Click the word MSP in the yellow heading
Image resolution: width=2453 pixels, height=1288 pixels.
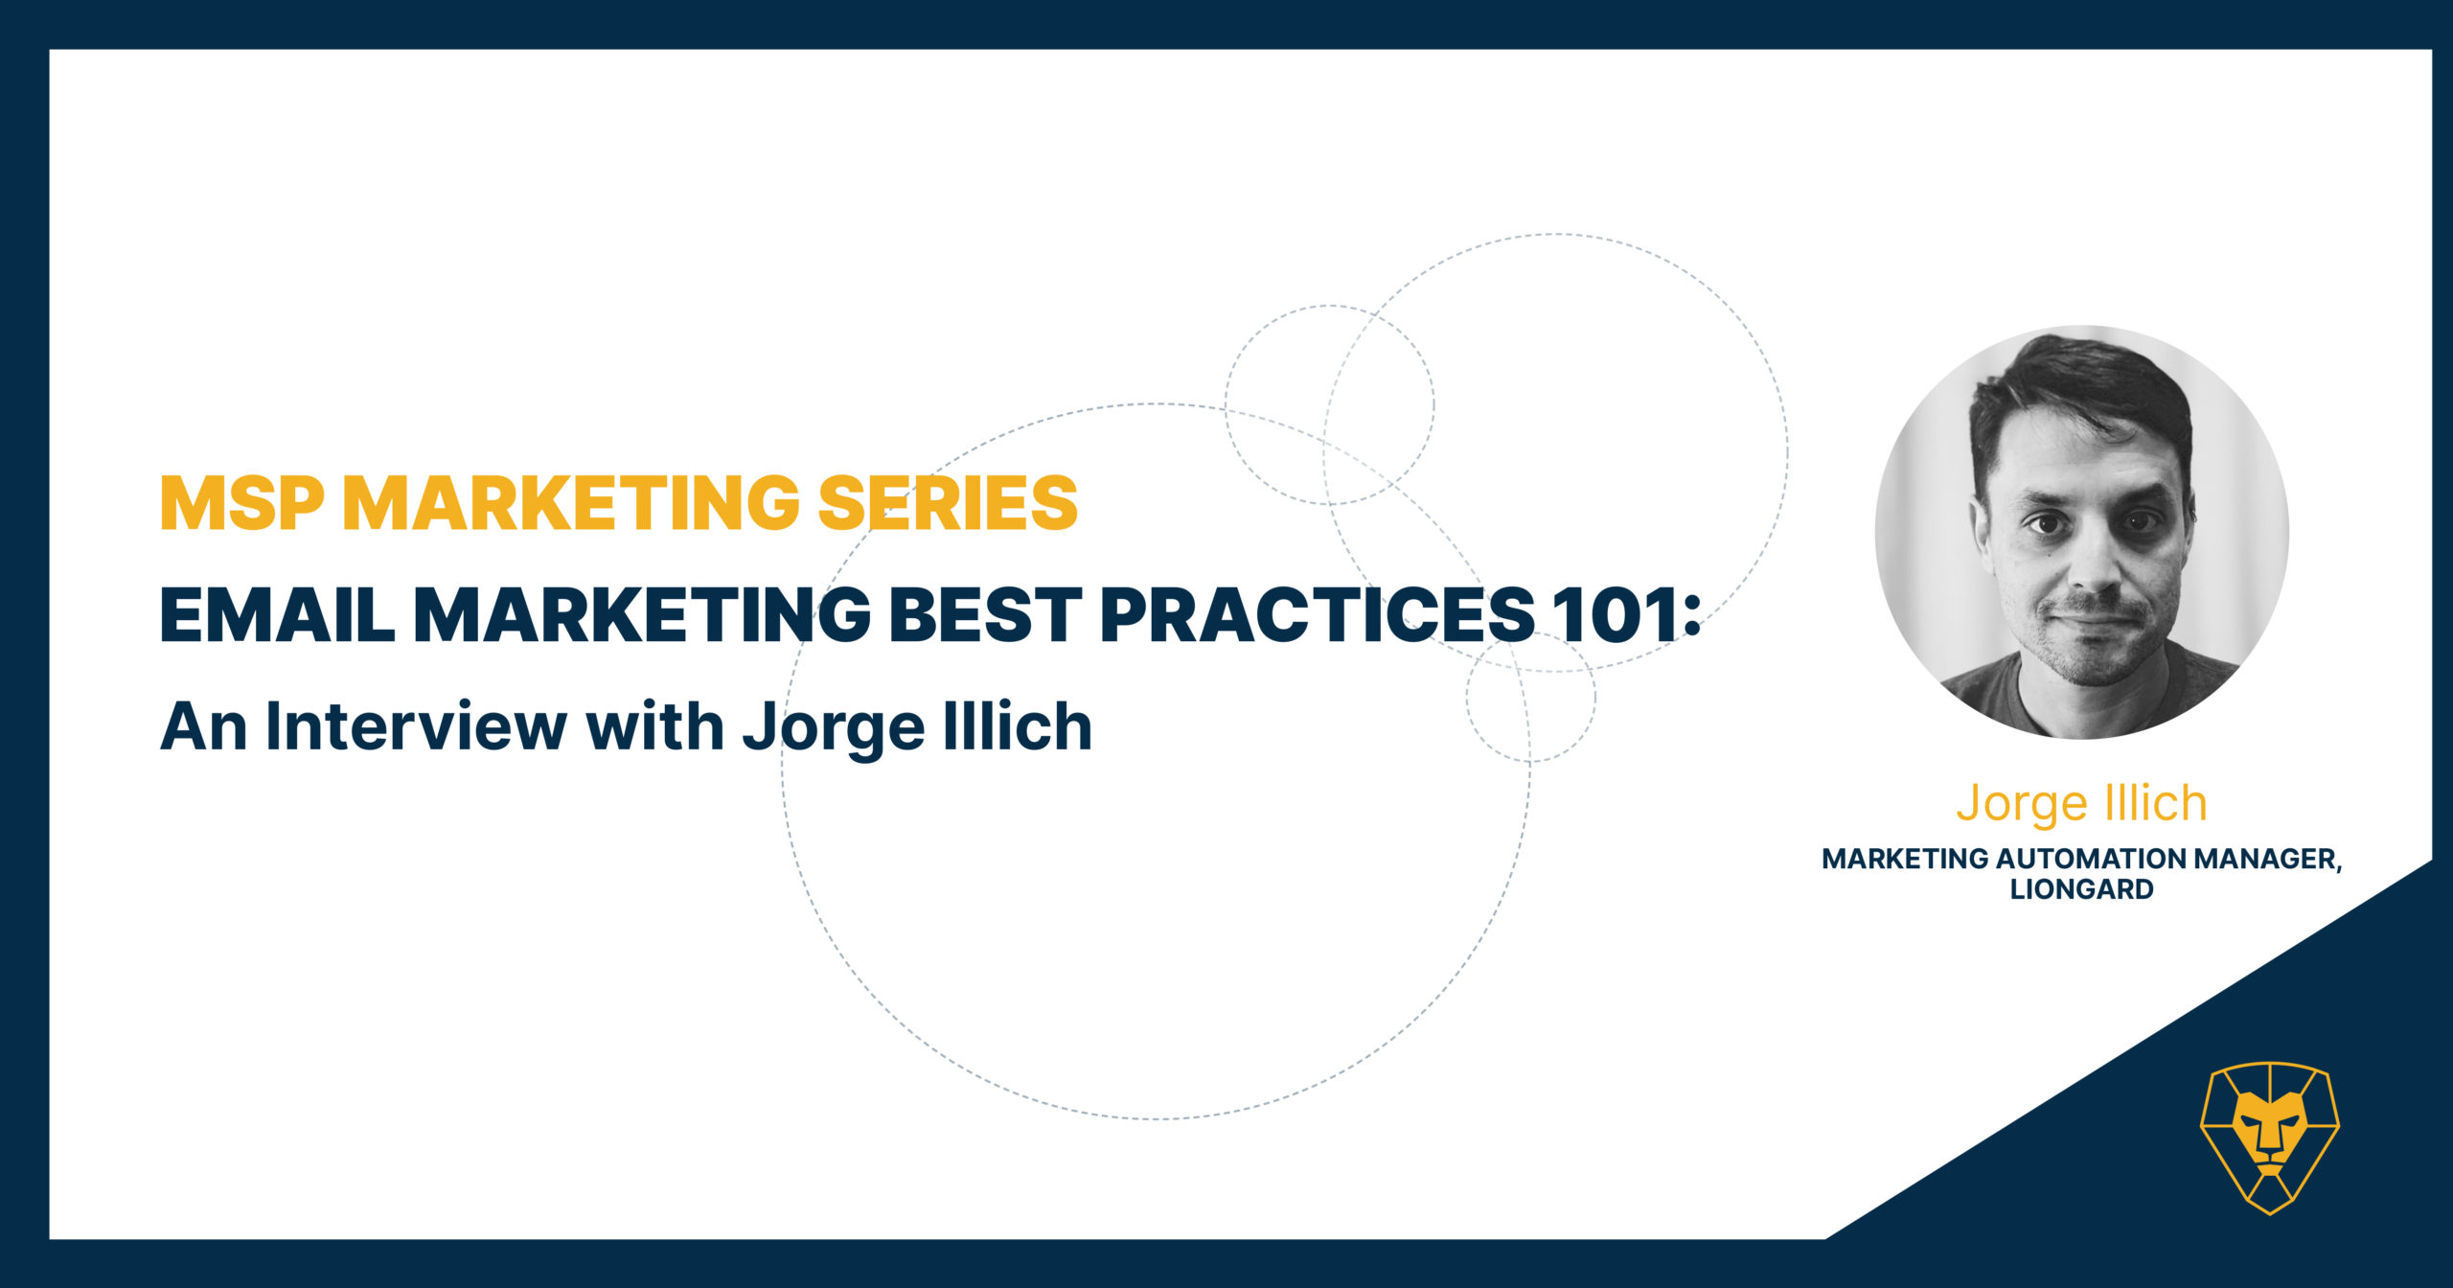(x=243, y=502)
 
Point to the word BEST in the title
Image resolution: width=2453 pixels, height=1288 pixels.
(x=986, y=613)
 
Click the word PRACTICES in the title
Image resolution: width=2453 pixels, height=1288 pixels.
(x=1318, y=613)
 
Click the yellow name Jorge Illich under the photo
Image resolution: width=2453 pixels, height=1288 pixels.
(x=2081, y=803)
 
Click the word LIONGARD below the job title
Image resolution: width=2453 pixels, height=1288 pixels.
(x=2081, y=889)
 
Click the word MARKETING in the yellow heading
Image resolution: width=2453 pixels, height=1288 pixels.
(x=572, y=502)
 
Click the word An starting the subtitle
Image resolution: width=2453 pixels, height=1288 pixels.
(x=204, y=726)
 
